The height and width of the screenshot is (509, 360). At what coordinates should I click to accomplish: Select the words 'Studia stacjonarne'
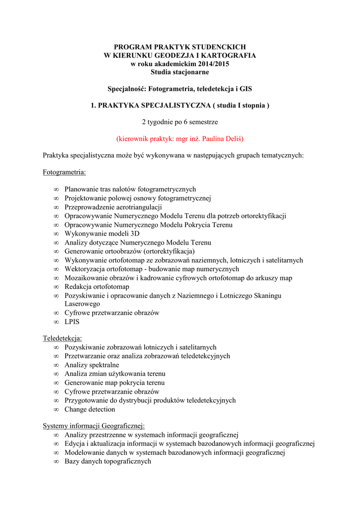(x=180, y=73)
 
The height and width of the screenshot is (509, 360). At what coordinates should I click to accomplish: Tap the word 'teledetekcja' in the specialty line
(x=204, y=89)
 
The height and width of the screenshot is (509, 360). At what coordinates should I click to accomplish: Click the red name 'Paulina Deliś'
(x=219, y=138)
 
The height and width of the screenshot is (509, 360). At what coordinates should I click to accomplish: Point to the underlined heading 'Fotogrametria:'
(x=64, y=172)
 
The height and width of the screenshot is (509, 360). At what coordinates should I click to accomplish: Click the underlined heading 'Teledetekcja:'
(x=62, y=339)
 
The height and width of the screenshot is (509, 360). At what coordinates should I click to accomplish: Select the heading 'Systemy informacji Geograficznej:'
(x=93, y=425)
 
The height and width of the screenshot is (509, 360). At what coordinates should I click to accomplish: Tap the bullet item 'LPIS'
(x=72, y=322)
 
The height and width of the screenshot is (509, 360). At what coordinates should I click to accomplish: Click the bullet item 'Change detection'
(x=90, y=409)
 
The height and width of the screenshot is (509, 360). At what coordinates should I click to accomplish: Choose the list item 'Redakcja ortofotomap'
(x=96, y=287)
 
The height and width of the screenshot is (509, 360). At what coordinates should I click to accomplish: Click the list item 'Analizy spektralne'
(x=91, y=365)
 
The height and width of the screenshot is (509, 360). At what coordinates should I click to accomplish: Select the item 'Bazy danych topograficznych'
(x=107, y=461)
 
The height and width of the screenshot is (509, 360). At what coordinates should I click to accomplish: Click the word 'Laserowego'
(x=82, y=303)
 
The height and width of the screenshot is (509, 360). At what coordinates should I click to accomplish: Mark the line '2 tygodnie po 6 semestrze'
(x=180, y=121)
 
